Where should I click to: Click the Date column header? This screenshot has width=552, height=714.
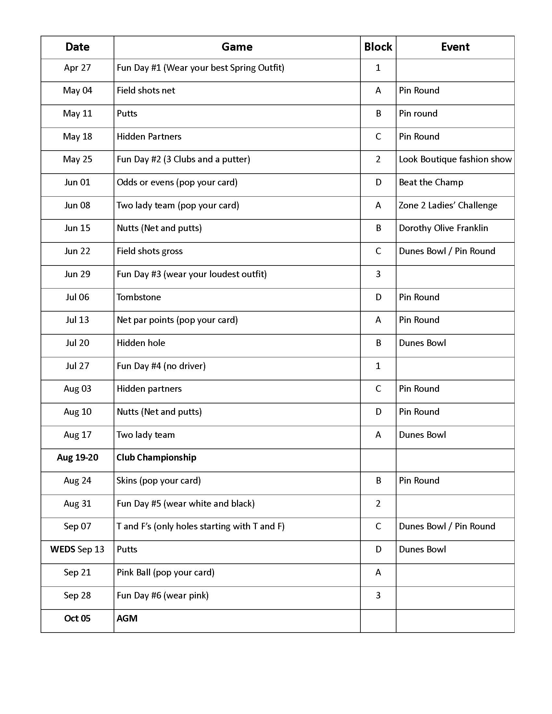tap(77, 47)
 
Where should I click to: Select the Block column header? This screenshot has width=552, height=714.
tap(378, 47)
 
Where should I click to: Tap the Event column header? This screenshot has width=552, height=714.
tap(455, 47)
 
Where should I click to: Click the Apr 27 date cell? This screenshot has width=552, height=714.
tap(77, 68)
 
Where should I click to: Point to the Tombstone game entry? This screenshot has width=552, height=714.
tap(139, 297)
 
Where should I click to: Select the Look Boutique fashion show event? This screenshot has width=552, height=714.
tap(455, 159)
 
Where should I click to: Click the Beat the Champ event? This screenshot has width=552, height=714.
tap(431, 182)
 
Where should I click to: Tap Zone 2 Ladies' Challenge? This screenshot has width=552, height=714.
tap(448, 205)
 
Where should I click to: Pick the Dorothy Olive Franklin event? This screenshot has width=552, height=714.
tap(443, 228)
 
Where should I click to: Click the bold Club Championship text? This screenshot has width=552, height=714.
tap(156, 457)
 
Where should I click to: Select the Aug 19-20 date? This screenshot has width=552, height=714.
tap(78, 457)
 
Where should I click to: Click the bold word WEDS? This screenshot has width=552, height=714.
tap(63, 549)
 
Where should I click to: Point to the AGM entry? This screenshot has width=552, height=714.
tap(127, 618)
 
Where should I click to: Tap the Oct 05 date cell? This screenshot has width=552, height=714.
tap(77, 618)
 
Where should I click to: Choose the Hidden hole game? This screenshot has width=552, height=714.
tap(141, 343)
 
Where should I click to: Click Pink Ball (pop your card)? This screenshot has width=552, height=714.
tap(166, 572)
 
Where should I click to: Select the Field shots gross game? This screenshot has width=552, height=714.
tap(149, 251)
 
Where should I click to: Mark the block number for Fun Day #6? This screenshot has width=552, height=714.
tap(378, 595)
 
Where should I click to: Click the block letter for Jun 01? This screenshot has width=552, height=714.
tap(378, 182)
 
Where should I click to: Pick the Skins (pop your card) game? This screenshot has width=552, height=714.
tap(158, 481)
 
